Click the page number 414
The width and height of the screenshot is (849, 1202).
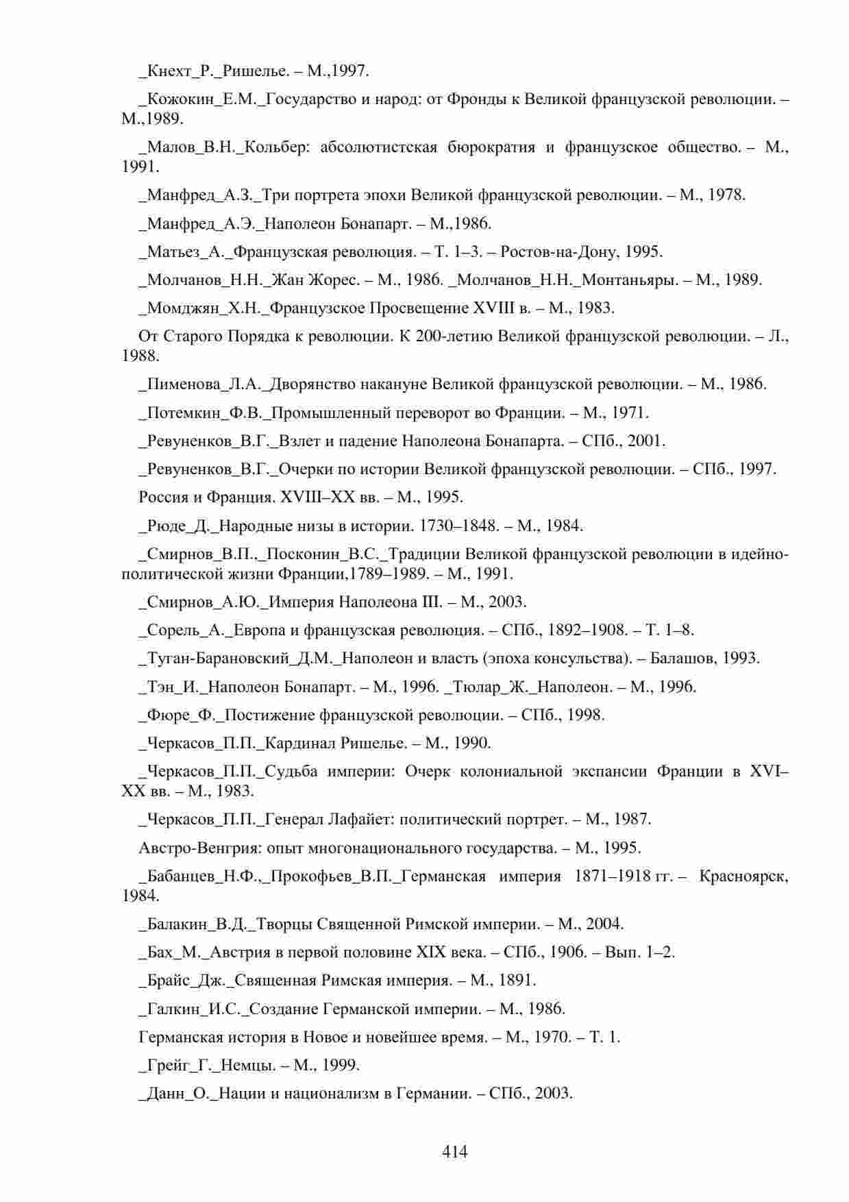point(455,1151)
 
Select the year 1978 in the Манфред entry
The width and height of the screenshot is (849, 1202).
point(724,195)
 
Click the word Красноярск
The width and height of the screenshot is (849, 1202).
point(743,876)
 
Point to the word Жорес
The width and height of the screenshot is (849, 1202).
point(332,280)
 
